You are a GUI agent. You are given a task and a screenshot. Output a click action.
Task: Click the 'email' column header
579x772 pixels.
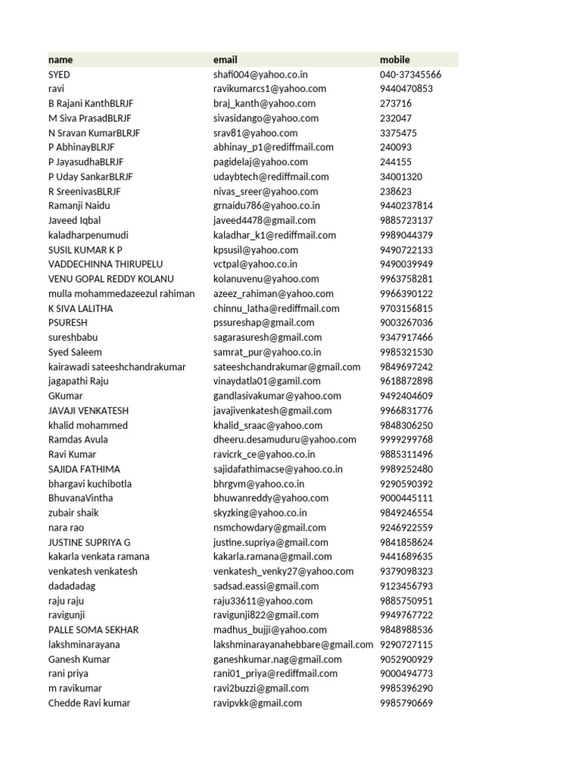pos(225,60)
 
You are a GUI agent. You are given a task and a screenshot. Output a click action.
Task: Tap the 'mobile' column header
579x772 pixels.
pos(395,60)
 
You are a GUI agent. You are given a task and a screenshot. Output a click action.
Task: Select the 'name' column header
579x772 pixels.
pos(60,60)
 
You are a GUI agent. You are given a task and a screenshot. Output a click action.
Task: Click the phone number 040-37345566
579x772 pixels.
pos(411,75)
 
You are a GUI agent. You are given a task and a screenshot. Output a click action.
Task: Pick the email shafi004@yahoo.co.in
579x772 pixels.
pos(260,75)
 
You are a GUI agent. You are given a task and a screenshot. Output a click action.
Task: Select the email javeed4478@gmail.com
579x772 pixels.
pos(263,221)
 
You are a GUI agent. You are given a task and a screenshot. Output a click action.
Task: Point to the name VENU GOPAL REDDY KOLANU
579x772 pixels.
pos(111,279)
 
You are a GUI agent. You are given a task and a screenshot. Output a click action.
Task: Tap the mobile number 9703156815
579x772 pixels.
pos(406,308)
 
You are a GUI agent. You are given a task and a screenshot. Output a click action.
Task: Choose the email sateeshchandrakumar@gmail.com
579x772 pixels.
pos(286,367)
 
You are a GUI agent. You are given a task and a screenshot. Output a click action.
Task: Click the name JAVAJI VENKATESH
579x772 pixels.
pos(88,411)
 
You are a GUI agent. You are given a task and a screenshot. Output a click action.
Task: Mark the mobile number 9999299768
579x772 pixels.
pos(406,440)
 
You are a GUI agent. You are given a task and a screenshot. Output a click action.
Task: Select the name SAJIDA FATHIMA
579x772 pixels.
pos(84,469)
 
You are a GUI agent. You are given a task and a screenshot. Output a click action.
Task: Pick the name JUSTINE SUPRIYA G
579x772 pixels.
pos(89,542)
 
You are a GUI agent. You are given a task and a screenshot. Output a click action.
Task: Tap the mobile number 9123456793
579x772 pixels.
pos(406,586)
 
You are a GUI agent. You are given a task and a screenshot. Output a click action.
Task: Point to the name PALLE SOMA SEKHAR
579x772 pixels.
pos(93,630)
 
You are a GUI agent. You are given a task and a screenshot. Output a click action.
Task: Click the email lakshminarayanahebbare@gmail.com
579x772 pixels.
pos(293,645)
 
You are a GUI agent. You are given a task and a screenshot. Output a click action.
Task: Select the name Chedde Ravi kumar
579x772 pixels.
pos(89,703)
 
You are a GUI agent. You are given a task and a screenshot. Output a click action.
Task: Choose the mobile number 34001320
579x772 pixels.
pos(401,177)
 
